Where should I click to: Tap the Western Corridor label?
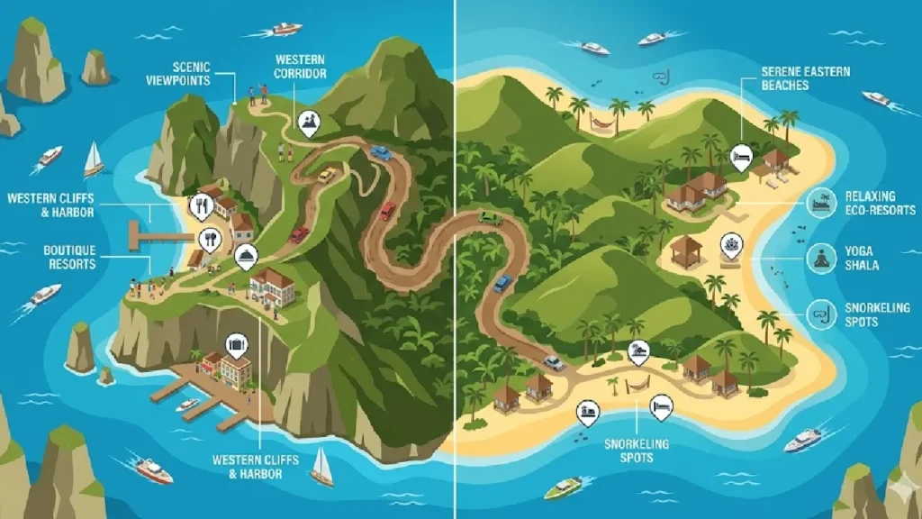301,66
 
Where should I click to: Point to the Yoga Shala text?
862,259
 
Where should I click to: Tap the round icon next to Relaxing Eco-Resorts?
821,203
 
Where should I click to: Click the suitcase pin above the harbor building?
237,343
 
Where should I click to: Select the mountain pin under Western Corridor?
309,122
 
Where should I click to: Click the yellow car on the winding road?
327,174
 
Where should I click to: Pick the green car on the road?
490,218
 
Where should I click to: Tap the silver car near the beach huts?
553,363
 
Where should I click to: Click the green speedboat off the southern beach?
563,487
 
